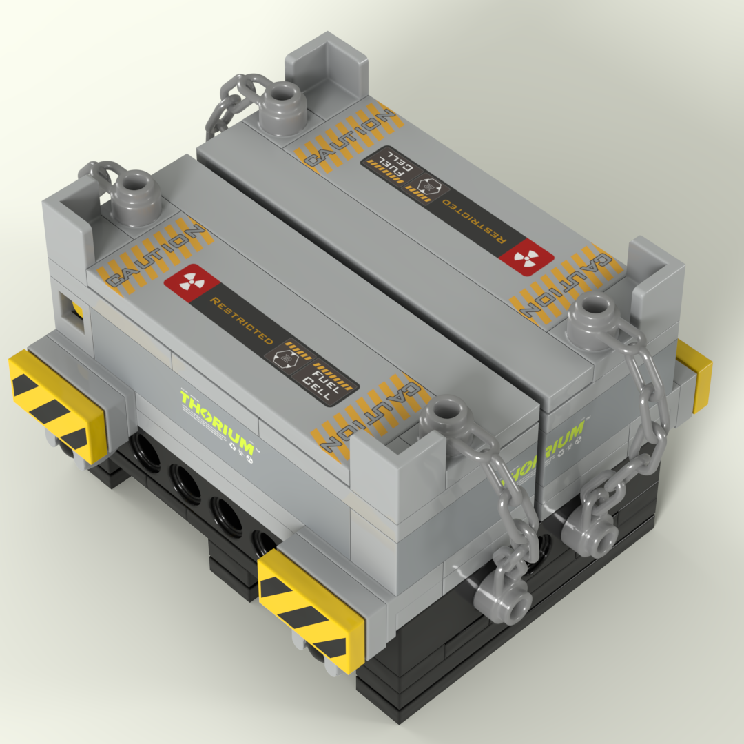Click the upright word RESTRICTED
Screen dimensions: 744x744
click(241, 322)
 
